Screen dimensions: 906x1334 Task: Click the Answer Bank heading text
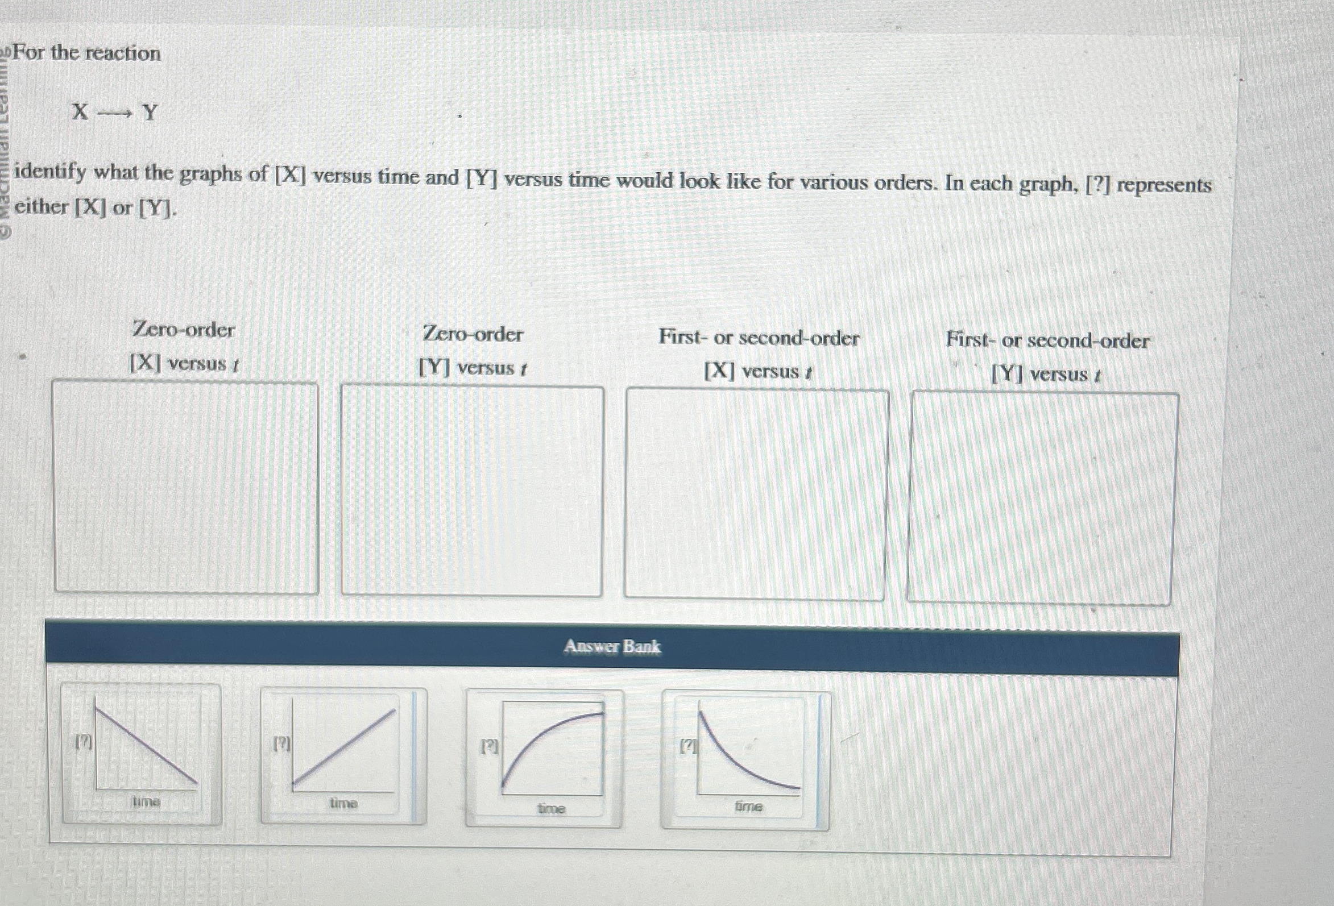coord(612,647)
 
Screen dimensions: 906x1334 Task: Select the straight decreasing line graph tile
coord(142,754)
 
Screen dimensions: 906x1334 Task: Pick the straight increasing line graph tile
coord(343,757)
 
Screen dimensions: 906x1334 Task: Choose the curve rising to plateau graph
coord(544,758)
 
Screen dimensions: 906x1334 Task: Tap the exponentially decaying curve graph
coord(745,760)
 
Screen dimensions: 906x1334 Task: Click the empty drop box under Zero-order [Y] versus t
coord(471,491)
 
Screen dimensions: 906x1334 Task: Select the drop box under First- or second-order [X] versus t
coord(755,494)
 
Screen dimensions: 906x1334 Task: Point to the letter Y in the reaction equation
coord(150,113)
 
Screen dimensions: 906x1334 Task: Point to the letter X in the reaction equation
coord(80,112)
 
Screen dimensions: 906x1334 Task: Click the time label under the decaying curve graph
coord(748,806)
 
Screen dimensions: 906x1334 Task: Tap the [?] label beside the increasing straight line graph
coord(281,744)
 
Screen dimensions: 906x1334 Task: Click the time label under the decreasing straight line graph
coord(146,800)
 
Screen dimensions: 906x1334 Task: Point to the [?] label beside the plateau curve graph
coord(489,746)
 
